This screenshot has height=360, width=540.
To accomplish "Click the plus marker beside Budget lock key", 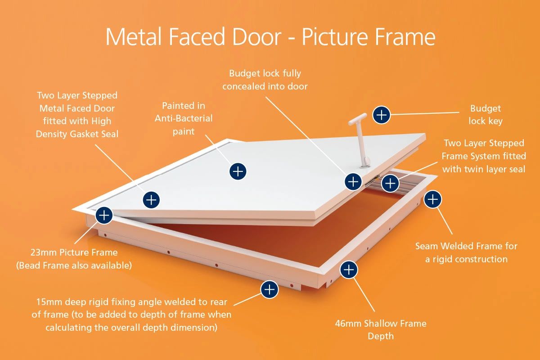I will coord(382,115).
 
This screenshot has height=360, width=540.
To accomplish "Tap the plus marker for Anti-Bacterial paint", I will coord(238,171).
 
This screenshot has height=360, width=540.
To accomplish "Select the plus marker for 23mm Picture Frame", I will coord(104,215).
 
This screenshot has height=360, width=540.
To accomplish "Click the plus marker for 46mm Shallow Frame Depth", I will coord(349,270).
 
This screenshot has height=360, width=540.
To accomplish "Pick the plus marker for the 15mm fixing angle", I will coord(269,289).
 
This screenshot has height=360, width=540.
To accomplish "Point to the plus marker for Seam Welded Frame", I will coord(432,199).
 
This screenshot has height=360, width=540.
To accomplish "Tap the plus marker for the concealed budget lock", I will coord(353,181).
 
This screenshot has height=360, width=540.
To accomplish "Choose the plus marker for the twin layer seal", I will coord(390,183).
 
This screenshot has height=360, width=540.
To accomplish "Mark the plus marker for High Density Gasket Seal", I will coord(152,199).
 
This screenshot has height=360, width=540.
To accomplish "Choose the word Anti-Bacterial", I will coord(184,118).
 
